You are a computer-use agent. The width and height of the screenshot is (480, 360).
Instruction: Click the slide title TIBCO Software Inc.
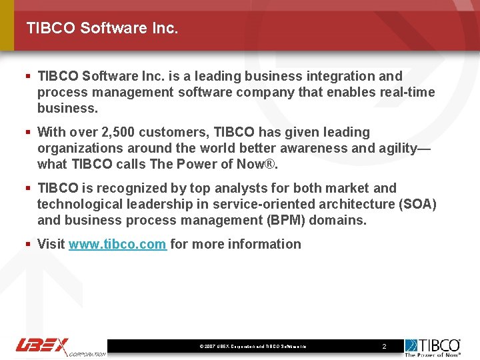(102, 28)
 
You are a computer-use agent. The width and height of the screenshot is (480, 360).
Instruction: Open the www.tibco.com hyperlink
(117, 244)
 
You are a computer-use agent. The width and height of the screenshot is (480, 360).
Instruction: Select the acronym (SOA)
(417, 204)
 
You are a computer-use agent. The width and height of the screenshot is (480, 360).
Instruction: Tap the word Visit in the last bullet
(51, 244)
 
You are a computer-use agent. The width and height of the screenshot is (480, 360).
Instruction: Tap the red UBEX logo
(43, 346)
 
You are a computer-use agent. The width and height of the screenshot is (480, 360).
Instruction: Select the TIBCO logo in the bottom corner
(433, 347)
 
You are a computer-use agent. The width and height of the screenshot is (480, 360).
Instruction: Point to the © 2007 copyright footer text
(253, 347)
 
